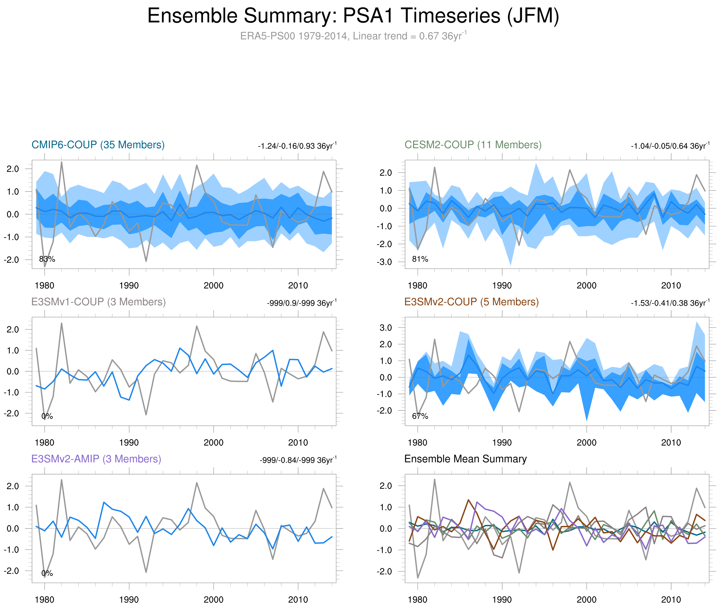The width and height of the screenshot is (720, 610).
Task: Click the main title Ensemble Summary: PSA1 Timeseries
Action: pos(353,16)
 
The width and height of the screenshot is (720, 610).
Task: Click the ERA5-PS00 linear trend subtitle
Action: pos(353,36)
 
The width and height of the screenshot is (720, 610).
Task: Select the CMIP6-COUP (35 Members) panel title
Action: pos(98,145)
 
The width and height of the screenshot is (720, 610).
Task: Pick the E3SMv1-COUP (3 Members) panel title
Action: pos(98,302)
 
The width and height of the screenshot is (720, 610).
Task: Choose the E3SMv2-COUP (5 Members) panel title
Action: pos(471,302)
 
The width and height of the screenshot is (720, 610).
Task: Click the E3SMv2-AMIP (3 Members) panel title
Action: pos(96,459)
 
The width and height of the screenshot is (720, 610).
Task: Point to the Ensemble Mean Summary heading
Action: pos(465,459)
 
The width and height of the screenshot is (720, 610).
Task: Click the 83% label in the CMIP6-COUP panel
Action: pos(47,259)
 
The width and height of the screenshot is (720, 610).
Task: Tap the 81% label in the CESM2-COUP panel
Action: pos(420,259)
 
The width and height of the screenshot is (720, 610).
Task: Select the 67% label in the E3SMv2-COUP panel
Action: pos(420,416)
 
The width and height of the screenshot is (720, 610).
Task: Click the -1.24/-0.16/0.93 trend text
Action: pos(297,146)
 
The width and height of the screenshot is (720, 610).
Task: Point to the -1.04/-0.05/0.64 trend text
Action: pos(670,146)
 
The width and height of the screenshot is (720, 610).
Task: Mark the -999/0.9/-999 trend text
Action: pos(301,303)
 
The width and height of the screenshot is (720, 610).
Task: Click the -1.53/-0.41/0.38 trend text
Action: pos(670,303)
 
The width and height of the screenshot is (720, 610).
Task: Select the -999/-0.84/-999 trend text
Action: pos(298,460)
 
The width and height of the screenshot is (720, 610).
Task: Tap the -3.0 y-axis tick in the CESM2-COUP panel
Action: pos(384,262)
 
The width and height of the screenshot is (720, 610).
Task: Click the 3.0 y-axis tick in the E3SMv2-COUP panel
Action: pos(386,328)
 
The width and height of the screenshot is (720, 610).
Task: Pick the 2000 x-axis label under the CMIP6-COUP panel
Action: pos(213,286)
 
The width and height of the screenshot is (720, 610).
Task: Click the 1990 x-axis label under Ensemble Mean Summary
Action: pos(502,600)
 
